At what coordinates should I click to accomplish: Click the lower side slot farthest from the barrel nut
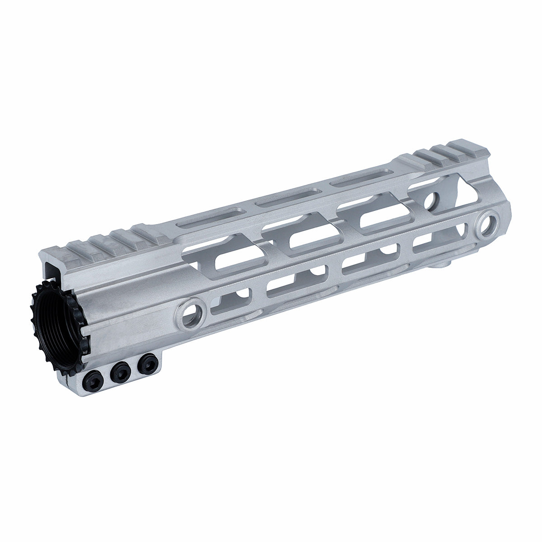tap(434, 241)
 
